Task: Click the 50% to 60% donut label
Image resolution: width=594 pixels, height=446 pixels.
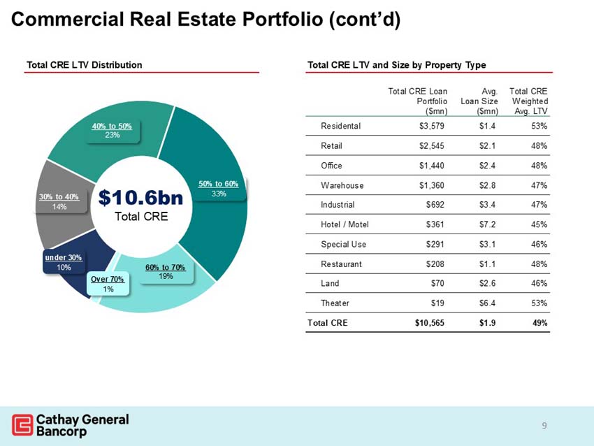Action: pyautogui.click(x=218, y=188)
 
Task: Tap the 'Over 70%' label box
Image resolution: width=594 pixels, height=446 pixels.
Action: pyautogui.click(x=108, y=284)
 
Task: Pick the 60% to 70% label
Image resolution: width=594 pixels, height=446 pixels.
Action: pyautogui.click(x=165, y=272)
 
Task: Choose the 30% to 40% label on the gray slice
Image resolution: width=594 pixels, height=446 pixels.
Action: pyautogui.click(x=59, y=202)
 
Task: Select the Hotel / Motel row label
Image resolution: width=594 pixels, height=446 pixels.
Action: pyautogui.click(x=344, y=224)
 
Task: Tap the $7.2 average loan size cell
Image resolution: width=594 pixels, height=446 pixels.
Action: pyautogui.click(x=487, y=224)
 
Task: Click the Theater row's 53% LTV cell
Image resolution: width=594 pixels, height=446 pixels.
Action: pyautogui.click(x=538, y=303)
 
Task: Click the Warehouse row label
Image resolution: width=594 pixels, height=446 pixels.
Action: pyautogui.click(x=342, y=185)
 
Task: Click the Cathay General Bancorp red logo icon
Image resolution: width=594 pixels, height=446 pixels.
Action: pyautogui.click(x=22, y=425)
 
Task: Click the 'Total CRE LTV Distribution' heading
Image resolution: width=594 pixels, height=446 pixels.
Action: pyautogui.click(x=84, y=65)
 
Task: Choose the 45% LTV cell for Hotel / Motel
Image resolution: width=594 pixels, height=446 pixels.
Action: pyautogui.click(x=538, y=224)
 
